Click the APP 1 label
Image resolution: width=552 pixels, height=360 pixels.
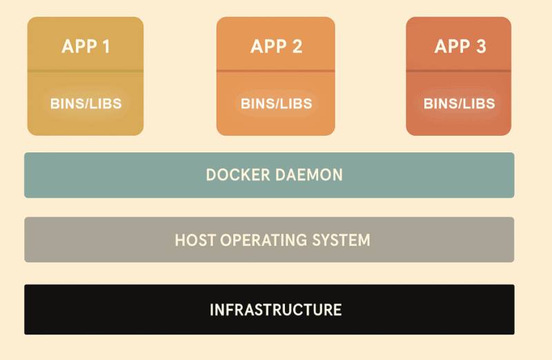86,47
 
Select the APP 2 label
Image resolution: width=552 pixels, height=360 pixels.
276,47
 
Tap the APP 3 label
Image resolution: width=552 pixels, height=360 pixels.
460,47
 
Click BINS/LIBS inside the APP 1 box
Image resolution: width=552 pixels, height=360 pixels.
86,104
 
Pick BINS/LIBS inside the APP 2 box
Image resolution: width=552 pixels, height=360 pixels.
276,104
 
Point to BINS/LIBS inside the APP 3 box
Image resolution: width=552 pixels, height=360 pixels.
459,104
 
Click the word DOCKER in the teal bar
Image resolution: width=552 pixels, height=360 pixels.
238,175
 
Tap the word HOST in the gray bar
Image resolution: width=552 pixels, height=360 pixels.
193,241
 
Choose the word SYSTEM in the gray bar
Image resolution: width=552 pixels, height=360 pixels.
341,241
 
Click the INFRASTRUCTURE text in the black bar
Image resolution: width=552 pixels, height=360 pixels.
275,310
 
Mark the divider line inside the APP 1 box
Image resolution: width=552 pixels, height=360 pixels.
86,71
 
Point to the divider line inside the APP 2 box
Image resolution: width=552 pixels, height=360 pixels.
276,71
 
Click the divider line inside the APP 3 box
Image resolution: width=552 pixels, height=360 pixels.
459,71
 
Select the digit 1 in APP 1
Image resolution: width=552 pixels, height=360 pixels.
105,47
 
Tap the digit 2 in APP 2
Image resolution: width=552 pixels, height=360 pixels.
296,47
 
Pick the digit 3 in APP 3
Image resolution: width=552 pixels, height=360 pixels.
480,47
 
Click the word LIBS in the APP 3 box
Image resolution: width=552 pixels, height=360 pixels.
478,104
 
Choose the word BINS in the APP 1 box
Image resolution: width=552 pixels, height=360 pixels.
66,104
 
